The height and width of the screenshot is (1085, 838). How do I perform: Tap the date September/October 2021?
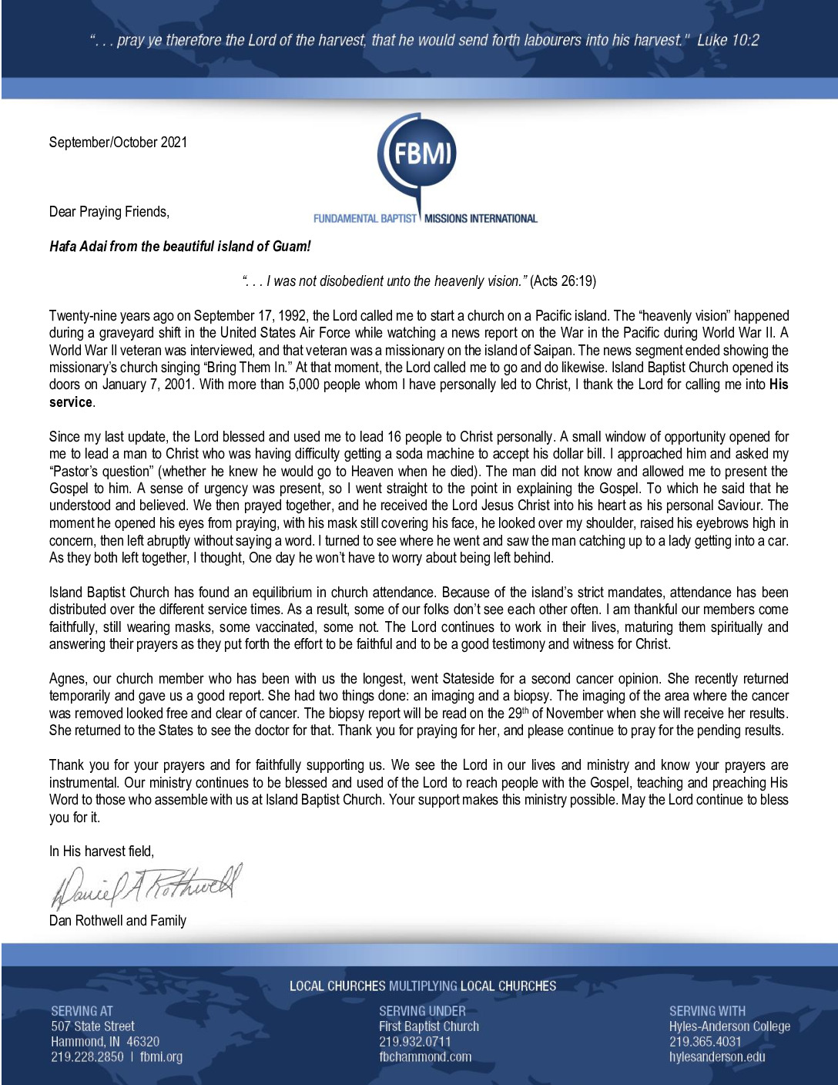pyautogui.click(x=118, y=143)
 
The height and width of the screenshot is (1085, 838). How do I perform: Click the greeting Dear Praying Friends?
pyautogui.click(x=109, y=212)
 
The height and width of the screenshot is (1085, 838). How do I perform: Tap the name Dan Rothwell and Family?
pyautogui.click(x=117, y=921)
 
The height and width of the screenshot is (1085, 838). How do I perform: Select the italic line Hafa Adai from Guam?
pyautogui.click(x=179, y=247)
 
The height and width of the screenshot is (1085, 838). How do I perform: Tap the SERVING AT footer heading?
pyautogui.click(x=82, y=1011)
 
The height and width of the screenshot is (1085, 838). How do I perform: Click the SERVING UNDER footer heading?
pyautogui.click(x=422, y=1011)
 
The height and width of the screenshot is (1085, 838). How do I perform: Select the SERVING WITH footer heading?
pyautogui.click(x=707, y=1011)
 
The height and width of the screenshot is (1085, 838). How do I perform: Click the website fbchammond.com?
pyautogui.click(x=425, y=1057)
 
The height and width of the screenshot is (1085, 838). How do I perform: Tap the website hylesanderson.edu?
pyautogui.click(x=717, y=1057)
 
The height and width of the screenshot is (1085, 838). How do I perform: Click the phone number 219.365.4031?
pyautogui.click(x=705, y=1042)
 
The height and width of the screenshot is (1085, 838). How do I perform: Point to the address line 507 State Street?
pyautogui.click(x=92, y=1026)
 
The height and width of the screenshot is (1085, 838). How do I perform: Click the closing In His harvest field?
pyautogui.click(x=101, y=852)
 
